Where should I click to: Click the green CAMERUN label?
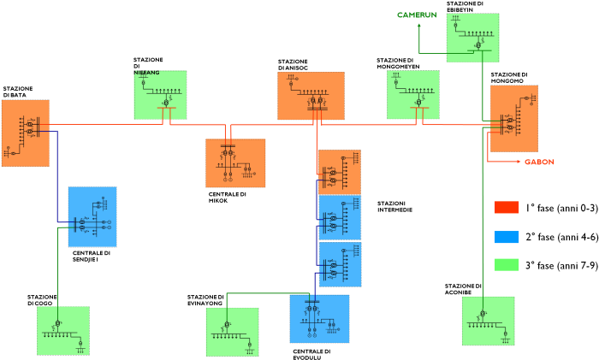[x=417, y=15]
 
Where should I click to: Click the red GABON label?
[x=539, y=162]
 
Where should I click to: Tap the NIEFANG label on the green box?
[x=147, y=73]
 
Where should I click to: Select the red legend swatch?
[x=507, y=207]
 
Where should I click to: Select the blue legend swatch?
[x=507, y=237]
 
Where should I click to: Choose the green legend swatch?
[x=507, y=264]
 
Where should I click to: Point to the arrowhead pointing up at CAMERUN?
[x=419, y=26]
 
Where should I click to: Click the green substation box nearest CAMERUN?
[x=473, y=38]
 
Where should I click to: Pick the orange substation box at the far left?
[x=26, y=133]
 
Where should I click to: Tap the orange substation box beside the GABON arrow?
[x=514, y=118]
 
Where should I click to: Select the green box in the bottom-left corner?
[x=63, y=330]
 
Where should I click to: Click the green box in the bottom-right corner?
[x=489, y=321]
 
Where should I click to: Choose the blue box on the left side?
[x=92, y=216]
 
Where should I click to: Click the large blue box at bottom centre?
[x=319, y=318]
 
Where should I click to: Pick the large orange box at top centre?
[x=311, y=96]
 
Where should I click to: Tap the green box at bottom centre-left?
[x=232, y=332]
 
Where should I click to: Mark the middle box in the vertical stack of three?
[x=340, y=217]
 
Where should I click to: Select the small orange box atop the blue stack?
[x=340, y=172]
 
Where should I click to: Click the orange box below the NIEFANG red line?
[x=235, y=162]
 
